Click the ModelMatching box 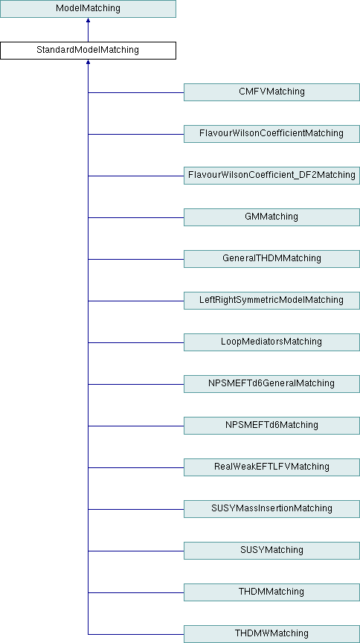coord(88,9)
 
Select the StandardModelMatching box coord(88,51)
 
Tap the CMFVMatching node coord(271,92)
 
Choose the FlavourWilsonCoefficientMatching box coord(271,134)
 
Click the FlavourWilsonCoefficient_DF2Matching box coord(271,176)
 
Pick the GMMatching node coord(271,217)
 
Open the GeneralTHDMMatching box coord(271,259)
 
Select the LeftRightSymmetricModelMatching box coord(271,301)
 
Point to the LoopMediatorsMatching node coord(271,342)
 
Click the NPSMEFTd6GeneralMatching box coord(271,384)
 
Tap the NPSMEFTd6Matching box coord(271,426)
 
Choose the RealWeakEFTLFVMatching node coord(271,467)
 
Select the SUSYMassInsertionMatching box coord(271,509)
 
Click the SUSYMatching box coord(271,551)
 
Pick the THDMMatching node coord(271,592)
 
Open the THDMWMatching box coord(271,634)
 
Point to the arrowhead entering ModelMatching coord(88,20)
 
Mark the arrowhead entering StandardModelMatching coord(88,62)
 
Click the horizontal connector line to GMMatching coord(135,218)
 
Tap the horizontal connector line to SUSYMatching coord(135,551)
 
